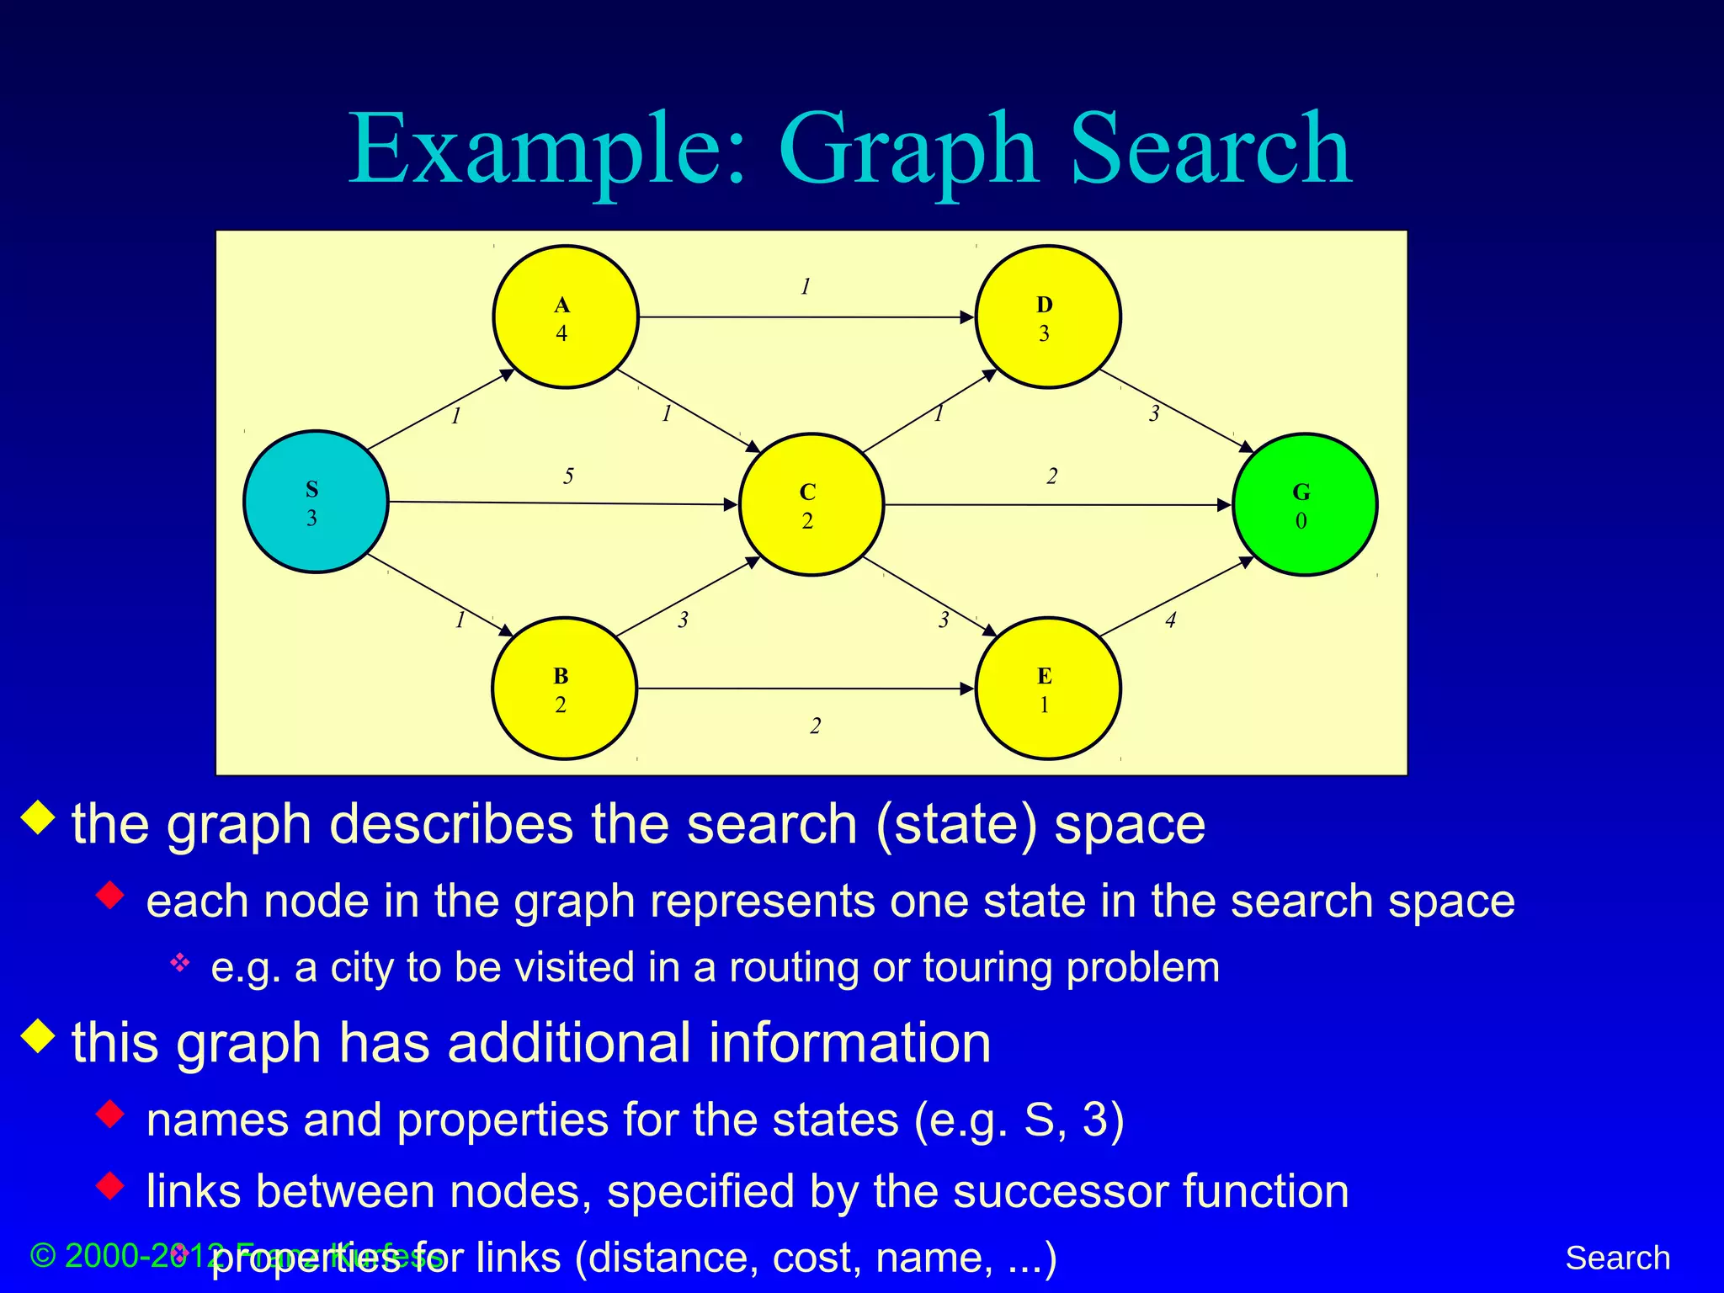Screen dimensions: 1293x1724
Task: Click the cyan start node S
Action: click(316, 502)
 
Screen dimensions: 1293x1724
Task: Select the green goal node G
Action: click(1305, 504)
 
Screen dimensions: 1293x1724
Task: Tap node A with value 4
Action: click(565, 317)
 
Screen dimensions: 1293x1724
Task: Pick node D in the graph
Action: click(1047, 317)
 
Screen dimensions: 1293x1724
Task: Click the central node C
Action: click(811, 504)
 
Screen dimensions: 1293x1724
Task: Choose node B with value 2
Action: click(563, 689)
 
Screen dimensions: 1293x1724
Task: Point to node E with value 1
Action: click(1047, 689)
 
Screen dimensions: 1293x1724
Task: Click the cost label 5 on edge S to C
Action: click(568, 476)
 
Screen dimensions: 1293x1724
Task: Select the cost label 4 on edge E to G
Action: click(1170, 620)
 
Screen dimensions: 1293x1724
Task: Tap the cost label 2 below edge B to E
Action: click(815, 726)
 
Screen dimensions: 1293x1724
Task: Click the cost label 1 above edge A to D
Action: click(806, 287)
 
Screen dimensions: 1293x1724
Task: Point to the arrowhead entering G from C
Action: click(1225, 505)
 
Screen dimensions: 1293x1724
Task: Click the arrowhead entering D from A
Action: click(968, 317)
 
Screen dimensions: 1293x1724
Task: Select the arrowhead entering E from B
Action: click(968, 689)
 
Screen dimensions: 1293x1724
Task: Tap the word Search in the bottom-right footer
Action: click(1617, 1258)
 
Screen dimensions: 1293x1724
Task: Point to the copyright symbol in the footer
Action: click(42, 1256)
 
